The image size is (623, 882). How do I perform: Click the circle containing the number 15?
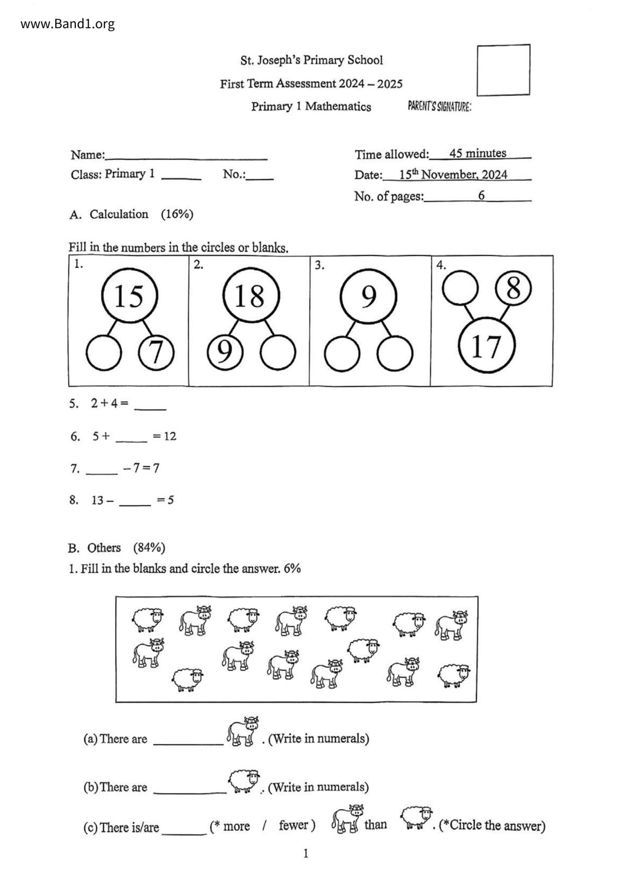(x=130, y=296)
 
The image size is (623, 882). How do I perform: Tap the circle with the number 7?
(x=156, y=352)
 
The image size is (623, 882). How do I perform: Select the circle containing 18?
(x=250, y=296)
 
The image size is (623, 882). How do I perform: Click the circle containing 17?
(x=487, y=345)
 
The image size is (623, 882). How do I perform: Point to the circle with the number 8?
(x=513, y=289)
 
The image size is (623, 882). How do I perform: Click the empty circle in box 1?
(x=103, y=352)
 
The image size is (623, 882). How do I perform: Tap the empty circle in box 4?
(x=460, y=288)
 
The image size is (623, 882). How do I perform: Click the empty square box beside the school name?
(x=503, y=70)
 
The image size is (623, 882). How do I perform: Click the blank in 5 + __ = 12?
(x=131, y=437)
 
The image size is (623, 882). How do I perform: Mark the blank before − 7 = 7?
(x=101, y=470)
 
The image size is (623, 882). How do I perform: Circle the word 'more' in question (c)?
(x=236, y=826)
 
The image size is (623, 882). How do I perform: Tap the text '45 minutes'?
(x=478, y=153)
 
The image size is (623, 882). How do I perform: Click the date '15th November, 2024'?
(x=453, y=174)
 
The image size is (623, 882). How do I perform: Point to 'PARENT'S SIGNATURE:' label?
(x=440, y=107)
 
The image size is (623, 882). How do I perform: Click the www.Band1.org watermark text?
(x=68, y=24)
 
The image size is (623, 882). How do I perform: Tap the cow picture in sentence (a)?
(x=243, y=732)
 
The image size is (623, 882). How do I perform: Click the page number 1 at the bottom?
(x=305, y=853)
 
